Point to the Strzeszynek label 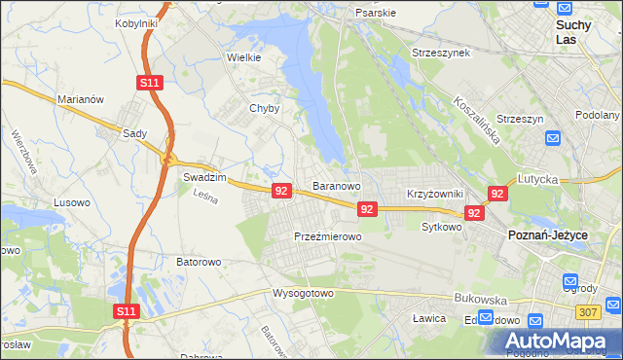441,52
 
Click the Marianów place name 81,98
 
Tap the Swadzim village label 204,178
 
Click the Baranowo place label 337,185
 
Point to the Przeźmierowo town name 328,236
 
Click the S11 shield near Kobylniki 149,84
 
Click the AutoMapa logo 558,342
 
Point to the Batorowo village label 200,262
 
